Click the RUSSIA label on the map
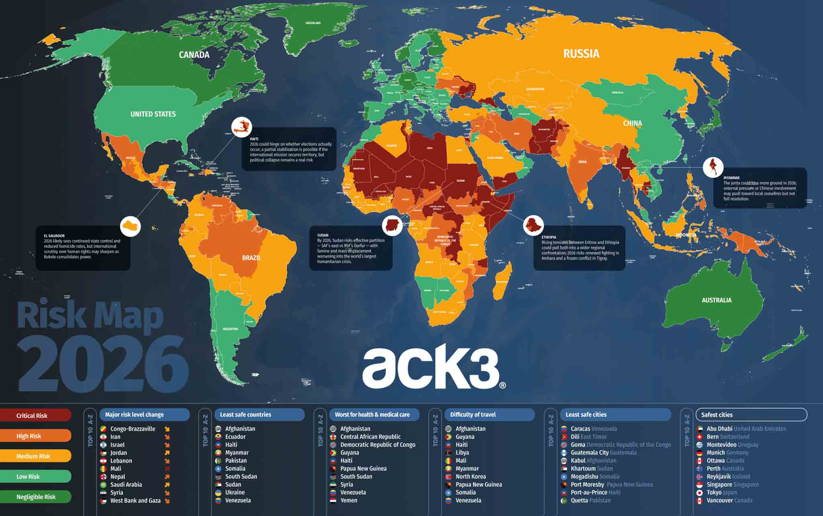pos(581,54)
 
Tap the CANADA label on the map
pos(194,55)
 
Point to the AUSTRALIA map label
pos(717,300)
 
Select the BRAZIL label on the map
pos(252,258)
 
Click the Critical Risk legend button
pos(35,415)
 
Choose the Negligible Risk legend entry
pos(35,497)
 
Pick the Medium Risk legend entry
pos(35,456)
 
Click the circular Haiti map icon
pos(242,127)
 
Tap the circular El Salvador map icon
pos(131,226)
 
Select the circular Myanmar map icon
pos(713,167)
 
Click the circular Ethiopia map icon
pos(533,225)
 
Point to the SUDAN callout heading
pos(323,235)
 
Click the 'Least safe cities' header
pos(586,414)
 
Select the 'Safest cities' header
pos(717,415)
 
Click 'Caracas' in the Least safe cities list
pos(580,429)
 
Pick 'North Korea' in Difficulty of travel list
pos(471,477)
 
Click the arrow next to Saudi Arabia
pos(167,485)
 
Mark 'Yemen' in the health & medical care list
pos(349,500)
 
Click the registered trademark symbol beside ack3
pos(502,385)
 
